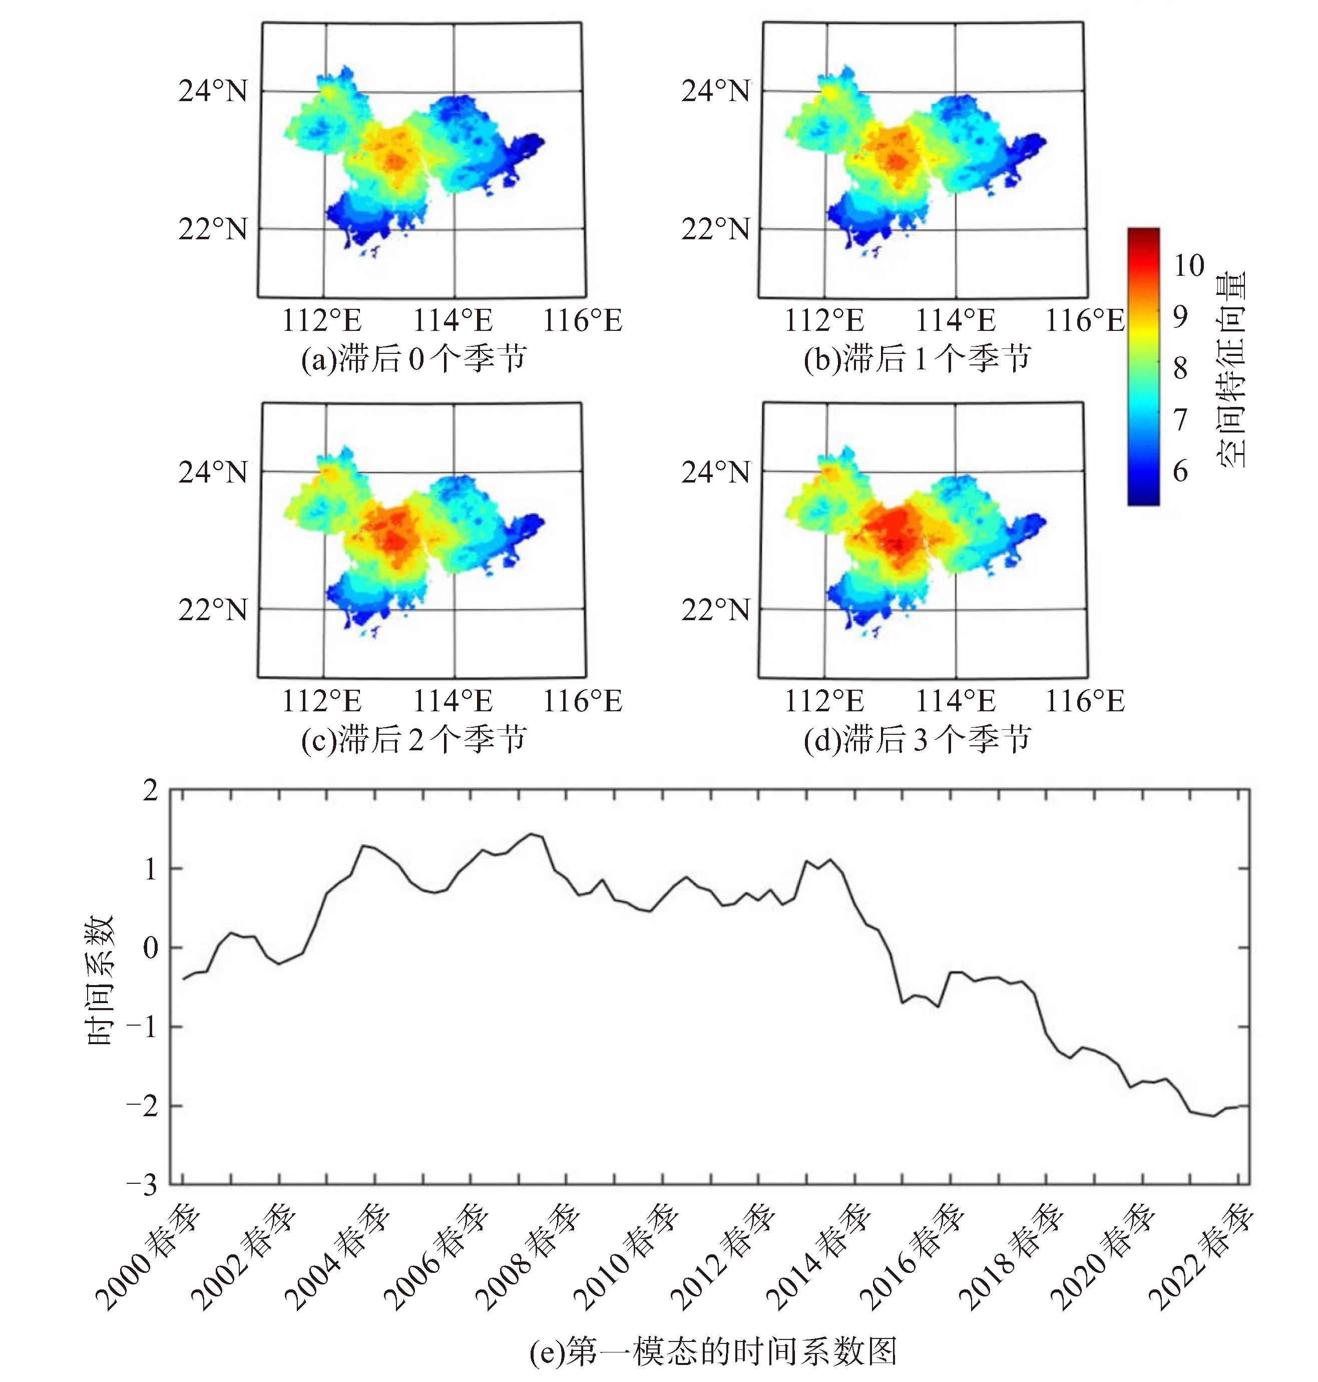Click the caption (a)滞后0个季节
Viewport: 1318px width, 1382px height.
(x=414, y=359)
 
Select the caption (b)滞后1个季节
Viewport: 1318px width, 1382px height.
(x=917, y=359)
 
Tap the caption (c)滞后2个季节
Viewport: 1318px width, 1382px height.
(x=414, y=739)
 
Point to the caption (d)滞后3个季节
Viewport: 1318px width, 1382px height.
(x=917, y=739)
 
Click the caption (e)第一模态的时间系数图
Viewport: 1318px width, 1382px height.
(x=713, y=1350)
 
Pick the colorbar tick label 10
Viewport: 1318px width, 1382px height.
(x=1189, y=266)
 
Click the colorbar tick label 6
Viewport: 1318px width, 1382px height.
(x=1181, y=471)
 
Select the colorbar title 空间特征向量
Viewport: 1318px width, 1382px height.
(x=1231, y=369)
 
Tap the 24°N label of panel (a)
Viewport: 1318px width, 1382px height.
(x=213, y=91)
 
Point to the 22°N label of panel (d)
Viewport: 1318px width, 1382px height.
(x=715, y=609)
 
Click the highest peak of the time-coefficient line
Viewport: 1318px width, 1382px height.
(x=532, y=834)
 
